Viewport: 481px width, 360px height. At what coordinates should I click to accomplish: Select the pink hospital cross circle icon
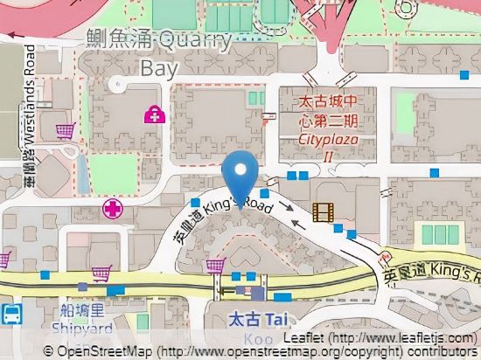(x=111, y=209)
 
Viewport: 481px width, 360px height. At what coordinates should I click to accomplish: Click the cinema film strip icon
(x=324, y=211)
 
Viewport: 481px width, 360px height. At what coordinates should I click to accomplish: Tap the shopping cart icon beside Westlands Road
(x=64, y=132)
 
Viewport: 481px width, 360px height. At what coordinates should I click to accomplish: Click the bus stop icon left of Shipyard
(x=10, y=314)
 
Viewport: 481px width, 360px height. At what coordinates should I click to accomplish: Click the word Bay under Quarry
(x=163, y=67)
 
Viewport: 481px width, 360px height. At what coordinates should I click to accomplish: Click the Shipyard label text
(x=81, y=329)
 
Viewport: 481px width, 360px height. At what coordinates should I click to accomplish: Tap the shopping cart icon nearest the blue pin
(x=214, y=267)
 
